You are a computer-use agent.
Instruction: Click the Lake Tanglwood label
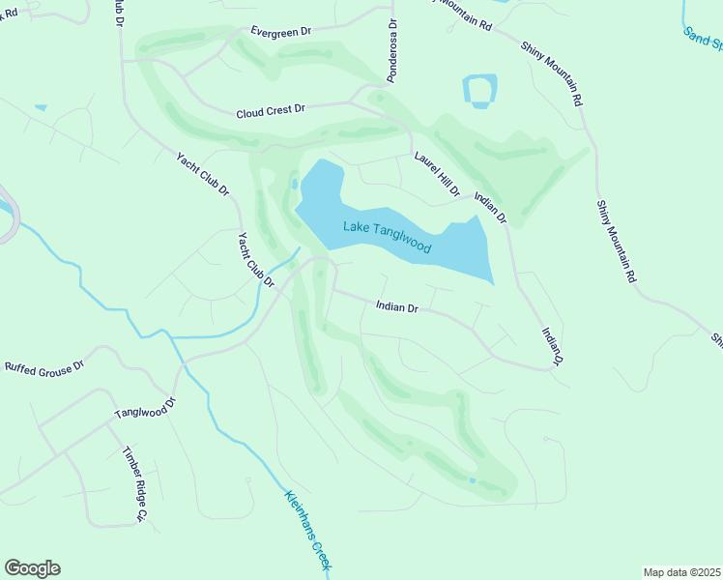(x=387, y=237)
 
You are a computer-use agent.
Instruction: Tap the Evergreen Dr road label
(x=280, y=31)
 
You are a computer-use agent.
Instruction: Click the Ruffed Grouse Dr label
(x=45, y=366)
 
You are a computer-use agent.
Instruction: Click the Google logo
(x=32, y=568)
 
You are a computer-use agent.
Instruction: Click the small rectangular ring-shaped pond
(x=480, y=91)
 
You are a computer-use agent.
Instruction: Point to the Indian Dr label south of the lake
(x=396, y=308)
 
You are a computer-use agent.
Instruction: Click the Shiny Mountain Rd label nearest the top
(x=551, y=72)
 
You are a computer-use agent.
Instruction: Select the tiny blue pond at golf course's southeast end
(x=472, y=480)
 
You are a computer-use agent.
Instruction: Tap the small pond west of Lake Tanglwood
(x=294, y=183)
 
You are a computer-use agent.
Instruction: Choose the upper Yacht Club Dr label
(x=202, y=175)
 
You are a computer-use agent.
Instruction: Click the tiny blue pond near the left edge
(x=41, y=107)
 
